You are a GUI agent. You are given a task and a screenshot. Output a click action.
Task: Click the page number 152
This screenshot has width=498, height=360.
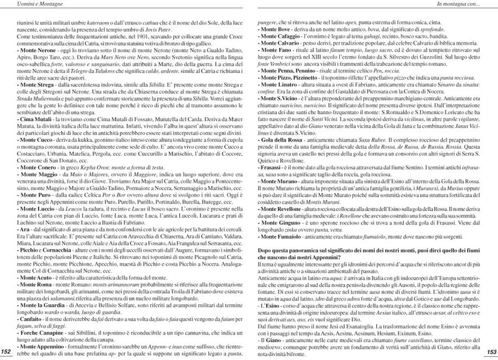click(7, 351)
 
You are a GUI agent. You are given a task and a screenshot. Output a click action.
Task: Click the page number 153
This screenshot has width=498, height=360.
click(491, 351)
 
